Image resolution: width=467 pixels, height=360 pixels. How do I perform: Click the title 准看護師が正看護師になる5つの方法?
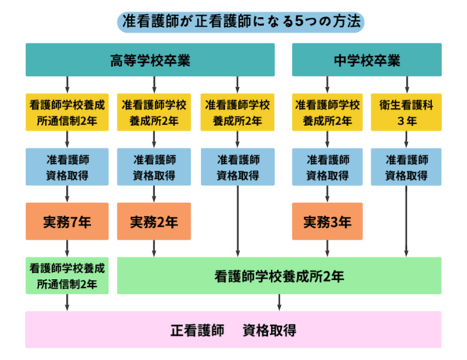click(233, 21)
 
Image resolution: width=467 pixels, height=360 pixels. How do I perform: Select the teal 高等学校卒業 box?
click(150, 60)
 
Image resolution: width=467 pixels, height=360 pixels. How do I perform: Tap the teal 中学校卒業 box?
click(367, 60)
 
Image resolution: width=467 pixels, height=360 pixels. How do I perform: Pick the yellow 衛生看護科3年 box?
click(406, 112)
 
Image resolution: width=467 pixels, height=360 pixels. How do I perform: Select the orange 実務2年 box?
click(153, 222)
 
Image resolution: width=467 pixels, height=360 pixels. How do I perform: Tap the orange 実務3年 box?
click(327, 222)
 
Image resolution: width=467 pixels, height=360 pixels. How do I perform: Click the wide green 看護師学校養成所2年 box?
click(279, 275)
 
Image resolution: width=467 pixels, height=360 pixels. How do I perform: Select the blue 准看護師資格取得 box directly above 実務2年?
click(153, 166)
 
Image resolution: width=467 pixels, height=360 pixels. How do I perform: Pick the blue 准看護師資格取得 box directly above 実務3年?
click(327, 166)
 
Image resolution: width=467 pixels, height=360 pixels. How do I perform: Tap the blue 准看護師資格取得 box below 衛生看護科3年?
click(406, 166)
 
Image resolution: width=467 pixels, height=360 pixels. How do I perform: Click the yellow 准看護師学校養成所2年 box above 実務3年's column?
click(327, 112)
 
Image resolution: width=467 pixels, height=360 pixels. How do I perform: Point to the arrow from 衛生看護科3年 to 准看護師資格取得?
click(406, 139)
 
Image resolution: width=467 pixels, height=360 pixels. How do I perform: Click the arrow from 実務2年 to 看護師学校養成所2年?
click(153, 249)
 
